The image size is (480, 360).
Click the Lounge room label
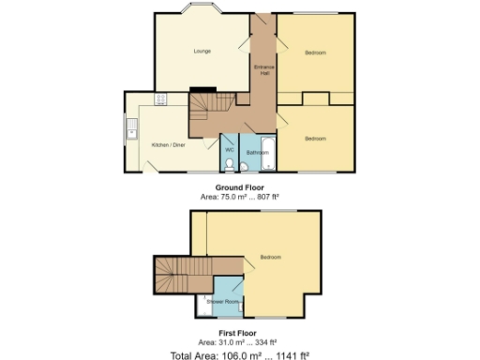tap(202, 51)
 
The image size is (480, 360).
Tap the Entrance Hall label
tap(263, 72)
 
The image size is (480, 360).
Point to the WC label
tap(229, 150)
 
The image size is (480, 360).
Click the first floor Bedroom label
tap(271, 257)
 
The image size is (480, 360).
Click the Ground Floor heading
tap(240, 187)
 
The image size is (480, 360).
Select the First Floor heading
tap(240, 334)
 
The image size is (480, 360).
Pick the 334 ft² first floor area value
tap(266, 343)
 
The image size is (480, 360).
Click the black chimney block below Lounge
tap(202, 91)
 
